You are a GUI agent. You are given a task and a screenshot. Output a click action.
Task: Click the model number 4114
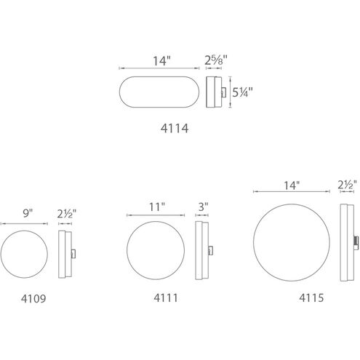point(175,129)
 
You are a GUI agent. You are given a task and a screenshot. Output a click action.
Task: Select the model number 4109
point(33,299)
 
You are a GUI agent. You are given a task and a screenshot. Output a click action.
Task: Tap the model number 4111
point(166,298)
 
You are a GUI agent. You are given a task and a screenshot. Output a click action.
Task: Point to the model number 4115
point(311,298)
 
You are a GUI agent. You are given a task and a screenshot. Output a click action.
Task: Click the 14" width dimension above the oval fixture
point(161,61)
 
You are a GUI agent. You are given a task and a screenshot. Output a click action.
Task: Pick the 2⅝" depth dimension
point(216,60)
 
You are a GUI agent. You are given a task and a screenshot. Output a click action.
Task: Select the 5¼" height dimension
point(242,92)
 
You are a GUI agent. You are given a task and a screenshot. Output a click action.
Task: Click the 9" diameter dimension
point(28,213)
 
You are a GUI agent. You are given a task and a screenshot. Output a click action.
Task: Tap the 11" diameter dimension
point(157,207)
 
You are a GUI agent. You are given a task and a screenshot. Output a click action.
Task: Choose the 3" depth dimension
point(204,207)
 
